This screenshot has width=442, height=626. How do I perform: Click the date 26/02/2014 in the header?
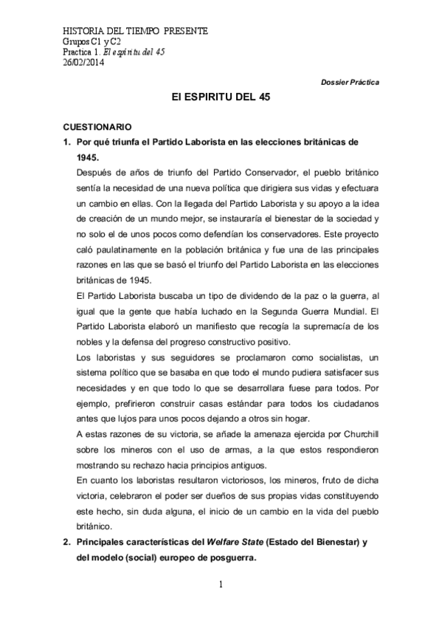coord(83,62)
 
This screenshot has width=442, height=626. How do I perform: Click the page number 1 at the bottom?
coord(221,585)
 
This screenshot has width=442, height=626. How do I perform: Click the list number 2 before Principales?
coord(66,543)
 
